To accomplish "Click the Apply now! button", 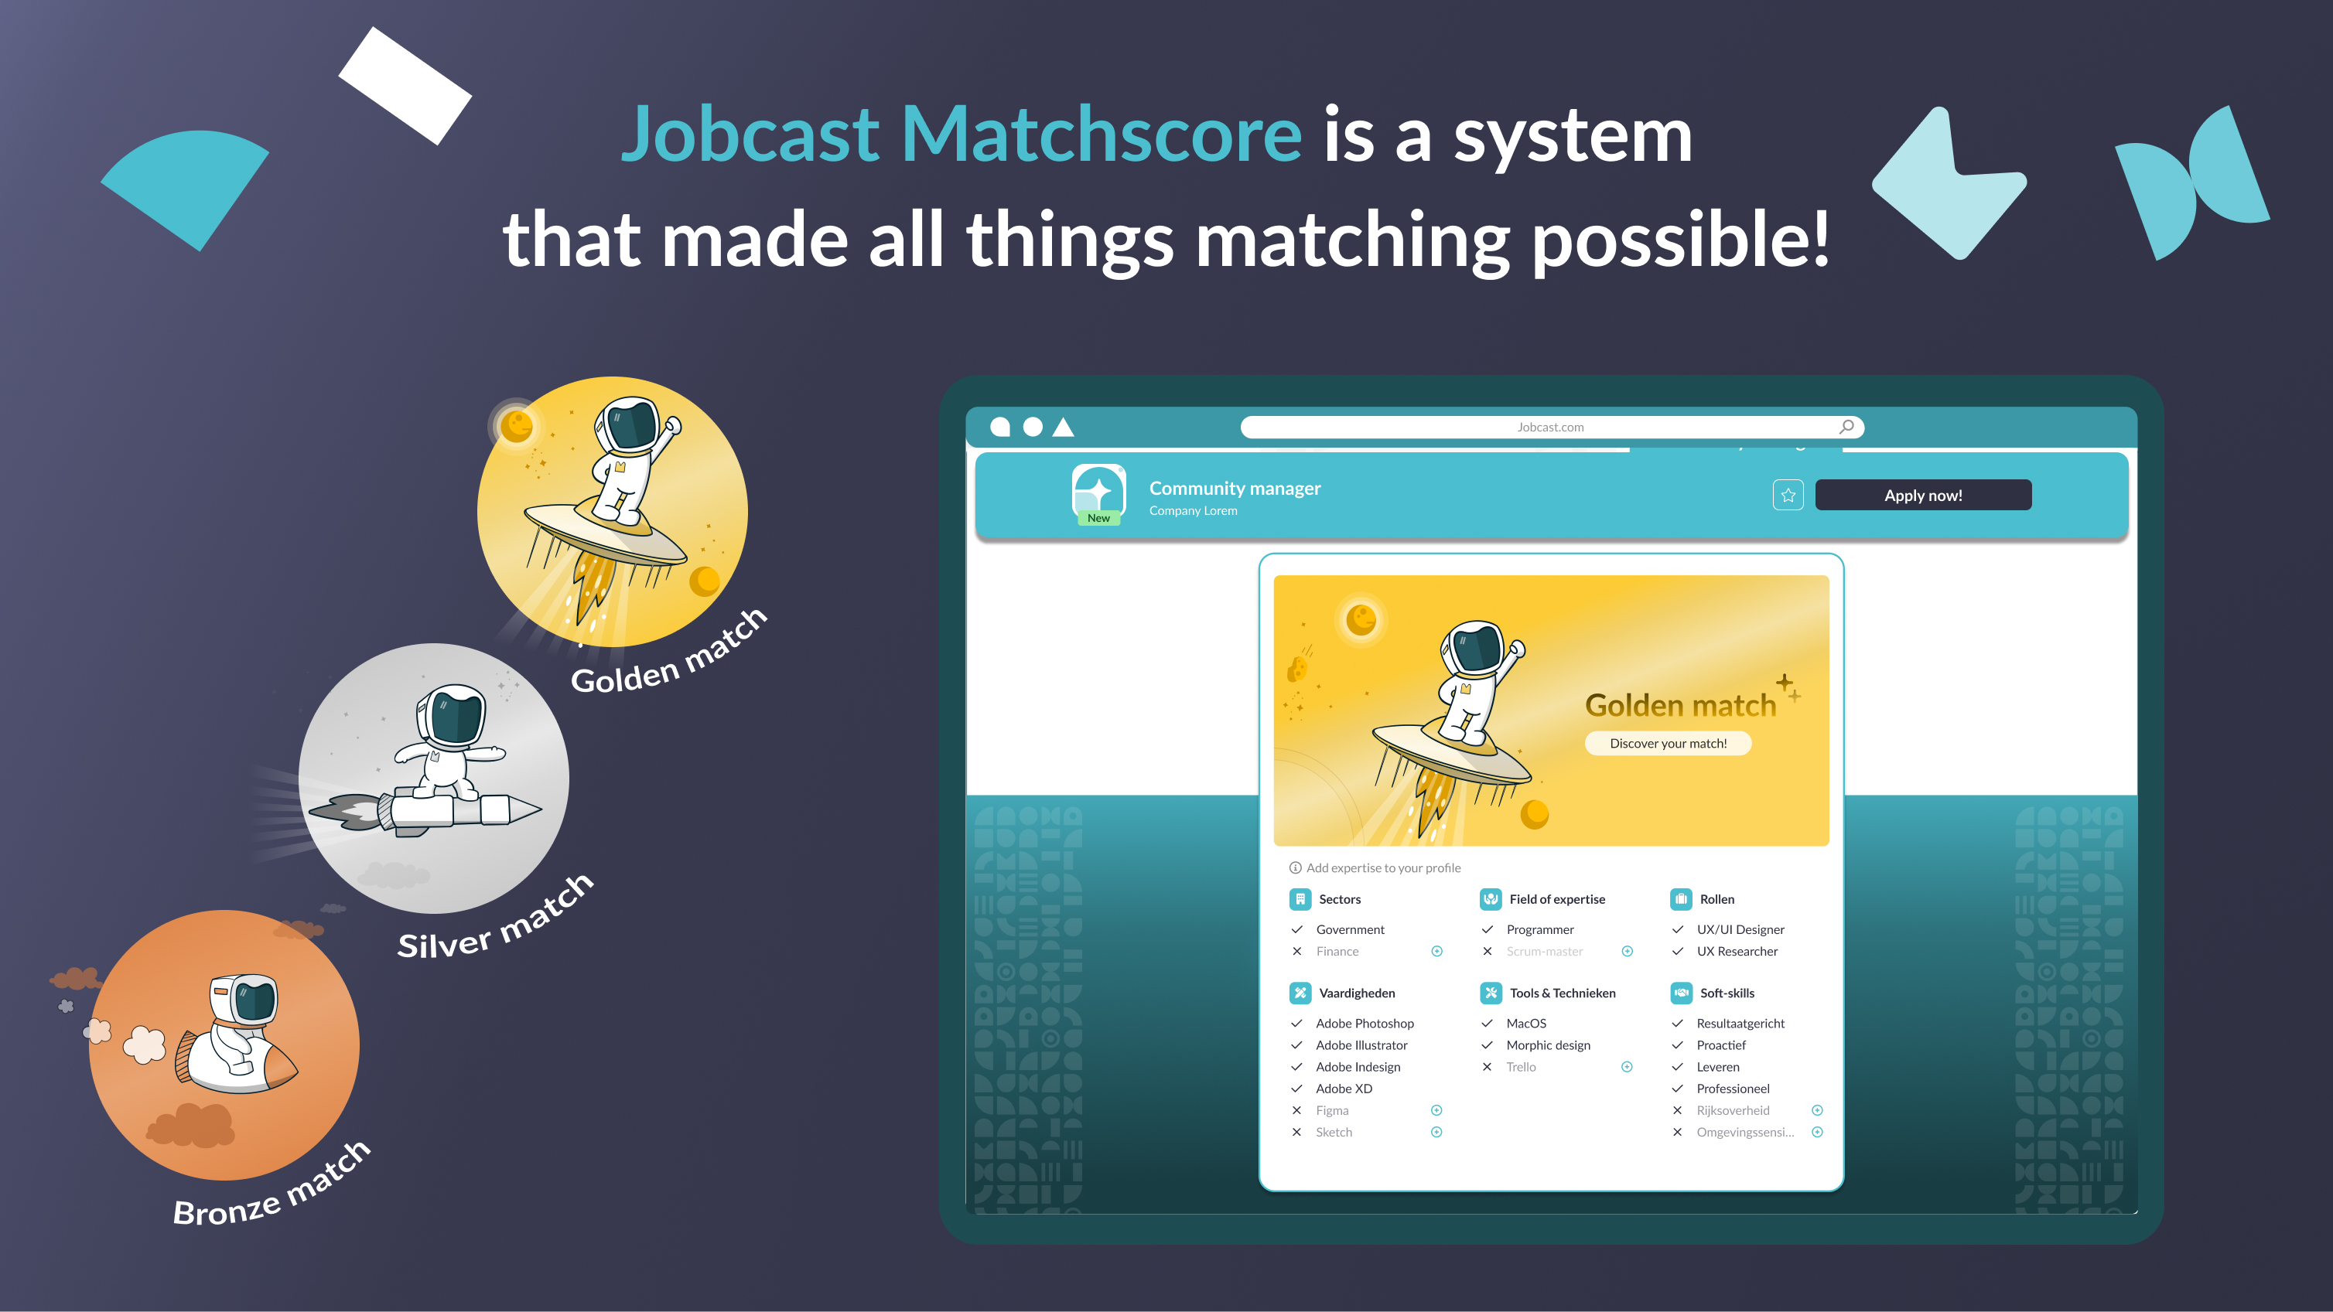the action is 1923,496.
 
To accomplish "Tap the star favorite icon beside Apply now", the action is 1788,496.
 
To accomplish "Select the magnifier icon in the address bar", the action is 1846,427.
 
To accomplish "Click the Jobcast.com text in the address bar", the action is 1550,428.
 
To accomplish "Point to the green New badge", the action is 1098,518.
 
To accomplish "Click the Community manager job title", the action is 1235,488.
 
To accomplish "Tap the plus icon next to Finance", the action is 1436,951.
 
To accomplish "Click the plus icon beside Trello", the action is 1627,1067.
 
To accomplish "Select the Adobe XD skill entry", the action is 1344,1089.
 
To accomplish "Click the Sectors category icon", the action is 1300,899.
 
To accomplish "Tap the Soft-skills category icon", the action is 1681,993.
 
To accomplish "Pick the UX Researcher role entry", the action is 1737,951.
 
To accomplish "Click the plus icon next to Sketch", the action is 1436,1132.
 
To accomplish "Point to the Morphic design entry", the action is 1548,1045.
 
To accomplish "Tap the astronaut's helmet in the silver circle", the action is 452,714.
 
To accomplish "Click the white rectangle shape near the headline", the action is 405,85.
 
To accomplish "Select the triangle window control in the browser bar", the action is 1064,427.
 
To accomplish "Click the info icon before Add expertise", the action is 1295,867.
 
